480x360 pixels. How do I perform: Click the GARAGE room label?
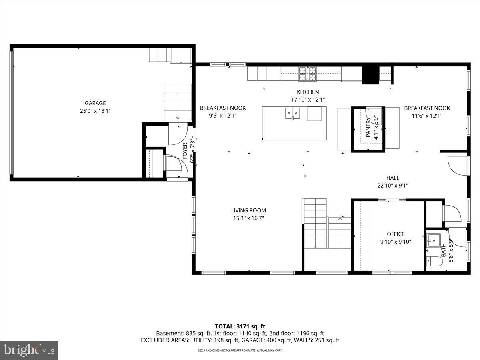coord(95,103)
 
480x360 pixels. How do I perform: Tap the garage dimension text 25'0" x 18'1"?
coord(95,111)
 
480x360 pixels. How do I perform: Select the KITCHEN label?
coord(308,92)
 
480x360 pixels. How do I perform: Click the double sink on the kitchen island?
coord(292,114)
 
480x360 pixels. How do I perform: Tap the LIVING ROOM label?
coord(248,210)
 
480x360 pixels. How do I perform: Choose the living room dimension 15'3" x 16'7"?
coord(248,218)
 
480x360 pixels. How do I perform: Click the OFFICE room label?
coord(395,234)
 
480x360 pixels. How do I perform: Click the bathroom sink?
coord(434,240)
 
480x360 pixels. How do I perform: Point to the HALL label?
coord(392,178)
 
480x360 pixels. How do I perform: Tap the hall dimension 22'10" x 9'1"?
coord(392,186)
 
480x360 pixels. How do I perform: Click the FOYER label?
coord(185,151)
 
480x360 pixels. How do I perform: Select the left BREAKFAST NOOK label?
coord(223,108)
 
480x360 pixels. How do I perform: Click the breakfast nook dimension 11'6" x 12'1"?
coord(427,116)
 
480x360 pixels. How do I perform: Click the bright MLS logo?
coord(29,350)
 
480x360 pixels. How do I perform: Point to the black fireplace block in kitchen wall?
coord(370,75)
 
